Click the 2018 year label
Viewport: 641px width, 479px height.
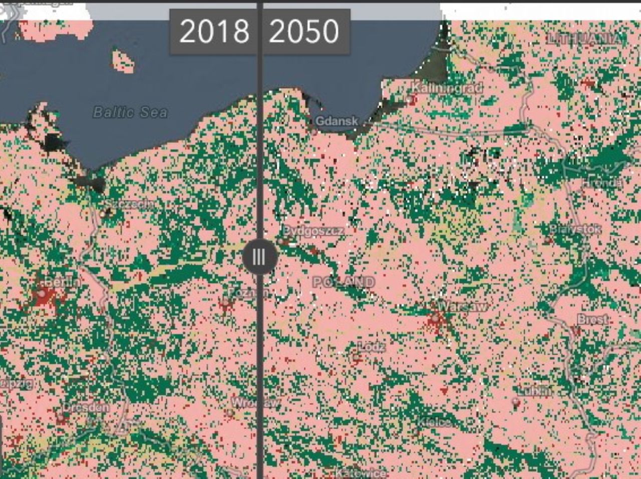pos(214,32)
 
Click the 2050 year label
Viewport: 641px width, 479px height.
pos(304,32)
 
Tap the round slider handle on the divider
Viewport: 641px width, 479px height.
pos(259,257)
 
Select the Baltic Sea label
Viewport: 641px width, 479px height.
pos(130,112)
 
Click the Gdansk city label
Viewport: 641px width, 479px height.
pos(337,121)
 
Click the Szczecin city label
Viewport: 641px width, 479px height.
pos(129,204)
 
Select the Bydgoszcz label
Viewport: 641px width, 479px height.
pos(313,231)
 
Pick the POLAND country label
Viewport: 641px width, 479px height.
pos(344,282)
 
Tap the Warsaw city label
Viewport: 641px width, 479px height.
pos(461,306)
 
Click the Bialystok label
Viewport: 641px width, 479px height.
pos(575,229)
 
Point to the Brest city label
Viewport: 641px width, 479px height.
pos(593,319)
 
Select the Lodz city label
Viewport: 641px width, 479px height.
pos(372,347)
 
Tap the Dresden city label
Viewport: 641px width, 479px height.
pos(86,407)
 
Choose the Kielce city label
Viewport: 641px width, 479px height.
pos(434,422)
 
